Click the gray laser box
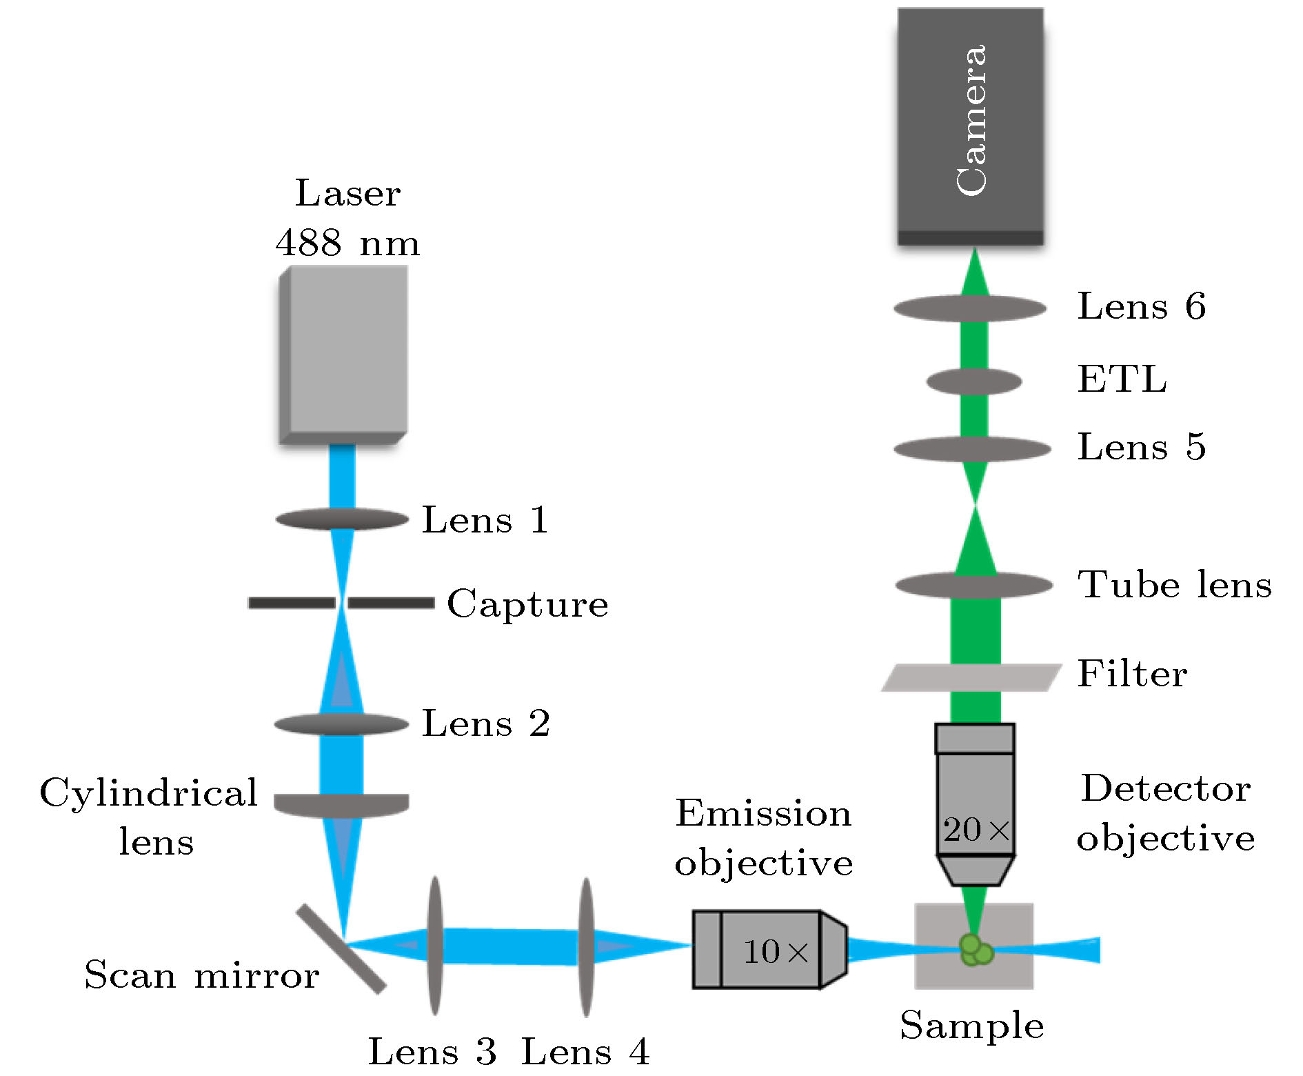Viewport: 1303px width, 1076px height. tap(343, 354)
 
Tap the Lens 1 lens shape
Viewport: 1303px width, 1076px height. tap(343, 519)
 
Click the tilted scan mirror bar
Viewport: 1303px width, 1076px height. tap(341, 949)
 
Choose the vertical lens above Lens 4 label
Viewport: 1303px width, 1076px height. tap(585, 947)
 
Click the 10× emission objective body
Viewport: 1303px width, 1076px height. tap(769, 950)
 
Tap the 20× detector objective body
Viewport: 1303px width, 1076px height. tap(975, 804)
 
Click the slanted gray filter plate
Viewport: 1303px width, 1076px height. tap(971, 677)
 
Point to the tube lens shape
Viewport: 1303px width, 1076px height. tap(974, 586)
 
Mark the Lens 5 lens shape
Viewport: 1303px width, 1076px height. tap(972, 449)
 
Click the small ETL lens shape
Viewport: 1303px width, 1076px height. tap(973, 381)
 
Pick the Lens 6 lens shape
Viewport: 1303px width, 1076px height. tap(970, 308)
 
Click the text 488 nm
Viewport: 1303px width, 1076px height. tap(347, 243)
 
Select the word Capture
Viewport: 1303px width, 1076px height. tap(527, 604)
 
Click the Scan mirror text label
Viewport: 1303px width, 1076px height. tap(201, 975)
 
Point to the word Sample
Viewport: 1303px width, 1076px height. tap(971, 1026)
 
